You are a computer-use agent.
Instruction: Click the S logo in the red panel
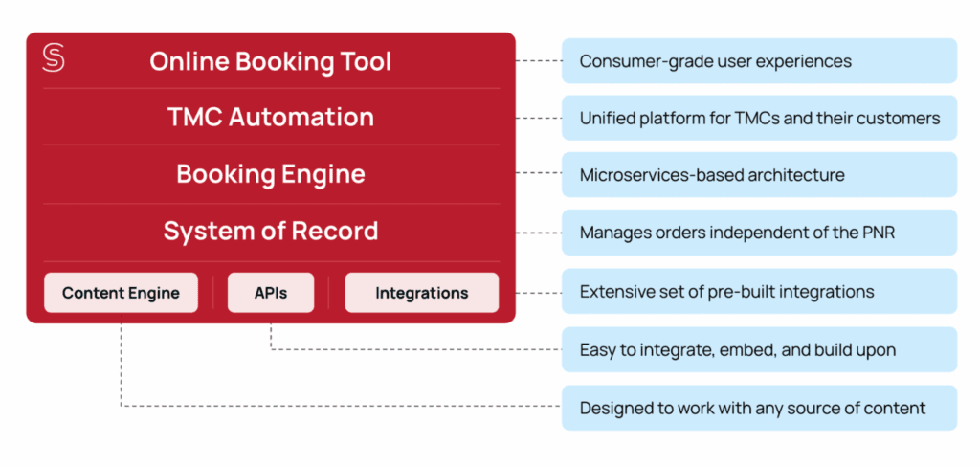[54, 58]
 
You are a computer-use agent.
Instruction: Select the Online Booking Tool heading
[270, 61]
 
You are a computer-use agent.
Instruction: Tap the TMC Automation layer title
[270, 117]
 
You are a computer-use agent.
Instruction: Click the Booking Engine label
[270, 174]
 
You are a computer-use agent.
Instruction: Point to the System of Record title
[270, 231]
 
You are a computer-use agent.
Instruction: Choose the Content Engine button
[121, 293]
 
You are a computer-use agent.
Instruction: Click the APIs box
[271, 293]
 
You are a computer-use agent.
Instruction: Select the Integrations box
[421, 293]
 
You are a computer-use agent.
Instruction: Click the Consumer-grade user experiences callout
[759, 61]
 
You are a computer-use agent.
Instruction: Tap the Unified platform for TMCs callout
[759, 119]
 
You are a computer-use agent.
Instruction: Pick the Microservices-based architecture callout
[759, 175]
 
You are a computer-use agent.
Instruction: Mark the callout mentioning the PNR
[759, 233]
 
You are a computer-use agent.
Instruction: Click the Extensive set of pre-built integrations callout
[759, 291]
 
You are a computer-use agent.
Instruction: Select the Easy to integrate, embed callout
[759, 349]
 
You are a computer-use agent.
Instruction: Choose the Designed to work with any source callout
[759, 408]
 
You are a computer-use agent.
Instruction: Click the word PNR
[877, 233]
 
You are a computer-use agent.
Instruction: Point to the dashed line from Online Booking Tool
[538, 61]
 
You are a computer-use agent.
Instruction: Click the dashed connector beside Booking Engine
[538, 173]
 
